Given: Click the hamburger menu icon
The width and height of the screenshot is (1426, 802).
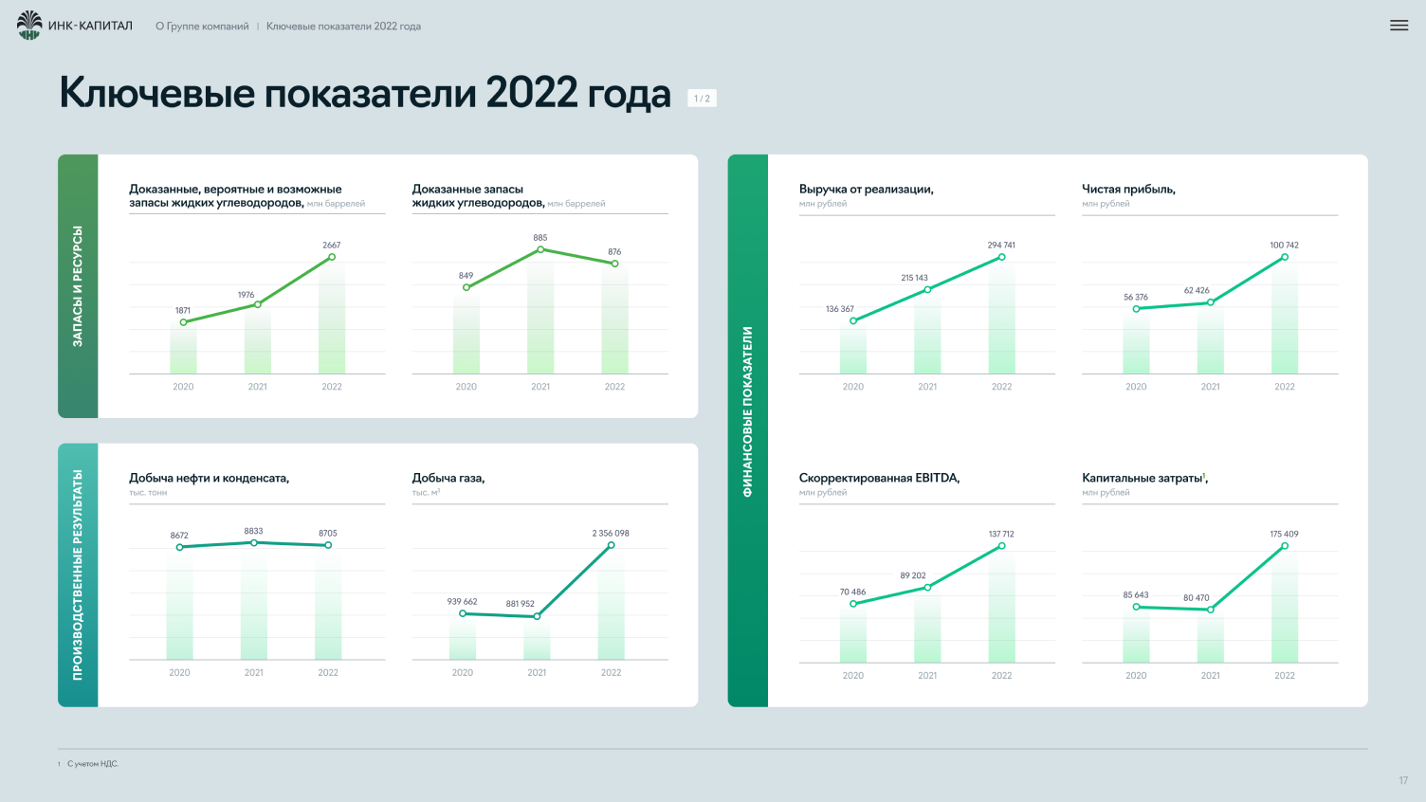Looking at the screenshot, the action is click(x=1399, y=26).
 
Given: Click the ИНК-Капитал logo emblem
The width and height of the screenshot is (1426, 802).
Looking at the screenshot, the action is click(x=29, y=26).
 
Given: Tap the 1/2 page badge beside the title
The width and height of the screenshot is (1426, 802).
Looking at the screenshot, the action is click(x=702, y=98).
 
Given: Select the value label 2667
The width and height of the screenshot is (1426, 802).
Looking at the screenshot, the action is click(x=332, y=245).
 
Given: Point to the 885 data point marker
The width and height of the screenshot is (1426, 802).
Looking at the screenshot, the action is click(x=540, y=249).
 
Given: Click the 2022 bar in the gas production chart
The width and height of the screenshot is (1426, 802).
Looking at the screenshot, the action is click(x=612, y=602).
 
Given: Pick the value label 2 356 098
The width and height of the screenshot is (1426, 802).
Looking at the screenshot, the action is click(x=611, y=534).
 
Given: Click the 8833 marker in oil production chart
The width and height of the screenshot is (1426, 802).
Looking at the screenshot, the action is click(x=254, y=543).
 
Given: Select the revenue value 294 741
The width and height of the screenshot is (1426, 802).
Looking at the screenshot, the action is click(x=1001, y=245).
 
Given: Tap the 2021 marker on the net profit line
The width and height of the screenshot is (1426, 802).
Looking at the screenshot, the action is click(x=1210, y=302).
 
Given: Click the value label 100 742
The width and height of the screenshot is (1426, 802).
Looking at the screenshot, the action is click(x=1284, y=245).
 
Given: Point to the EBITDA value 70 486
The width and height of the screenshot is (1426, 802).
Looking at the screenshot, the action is click(x=852, y=592).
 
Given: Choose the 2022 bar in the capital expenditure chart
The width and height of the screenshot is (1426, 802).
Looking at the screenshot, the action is click(x=1285, y=604).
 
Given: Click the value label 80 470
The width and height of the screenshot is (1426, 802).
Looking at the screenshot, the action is click(x=1197, y=597).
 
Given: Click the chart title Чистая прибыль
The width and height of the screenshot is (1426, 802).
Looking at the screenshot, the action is click(x=1128, y=189).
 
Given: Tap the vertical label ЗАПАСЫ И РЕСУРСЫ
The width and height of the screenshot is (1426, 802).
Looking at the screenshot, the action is click(x=78, y=286).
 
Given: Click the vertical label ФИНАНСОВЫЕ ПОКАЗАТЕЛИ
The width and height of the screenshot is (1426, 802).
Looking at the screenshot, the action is click(x=747, y=411).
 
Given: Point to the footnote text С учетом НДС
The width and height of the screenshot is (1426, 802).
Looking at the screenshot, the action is click(x=93, y=764).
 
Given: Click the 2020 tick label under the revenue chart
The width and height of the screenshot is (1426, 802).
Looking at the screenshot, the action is click(x=853, y=387).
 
